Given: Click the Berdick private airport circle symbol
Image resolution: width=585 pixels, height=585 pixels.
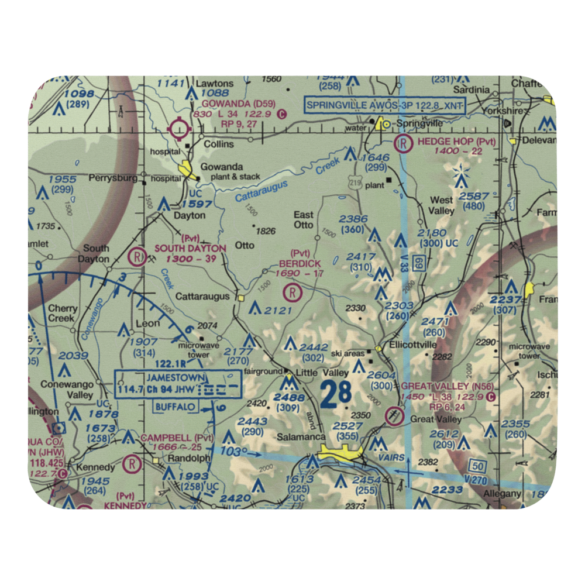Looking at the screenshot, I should pos(292,291).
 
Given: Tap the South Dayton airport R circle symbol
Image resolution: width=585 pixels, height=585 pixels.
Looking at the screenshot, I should pos(137,256).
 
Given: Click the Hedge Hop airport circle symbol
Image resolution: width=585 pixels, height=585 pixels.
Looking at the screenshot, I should pos(403,142).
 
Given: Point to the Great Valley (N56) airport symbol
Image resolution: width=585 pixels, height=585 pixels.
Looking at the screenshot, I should pos(395,416).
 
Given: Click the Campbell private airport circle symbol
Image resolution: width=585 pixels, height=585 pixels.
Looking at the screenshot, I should pos(133,464).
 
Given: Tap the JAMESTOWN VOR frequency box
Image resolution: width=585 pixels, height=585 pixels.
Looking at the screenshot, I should pos(178,384).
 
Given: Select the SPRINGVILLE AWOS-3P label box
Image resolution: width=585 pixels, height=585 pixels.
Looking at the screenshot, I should pos(386,105).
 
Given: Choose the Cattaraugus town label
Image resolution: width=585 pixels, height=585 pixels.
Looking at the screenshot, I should pos(202,297).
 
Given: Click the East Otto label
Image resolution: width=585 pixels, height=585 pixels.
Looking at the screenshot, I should pos(304,220).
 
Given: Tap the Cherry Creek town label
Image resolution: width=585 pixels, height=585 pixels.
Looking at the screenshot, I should pos(63,314).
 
